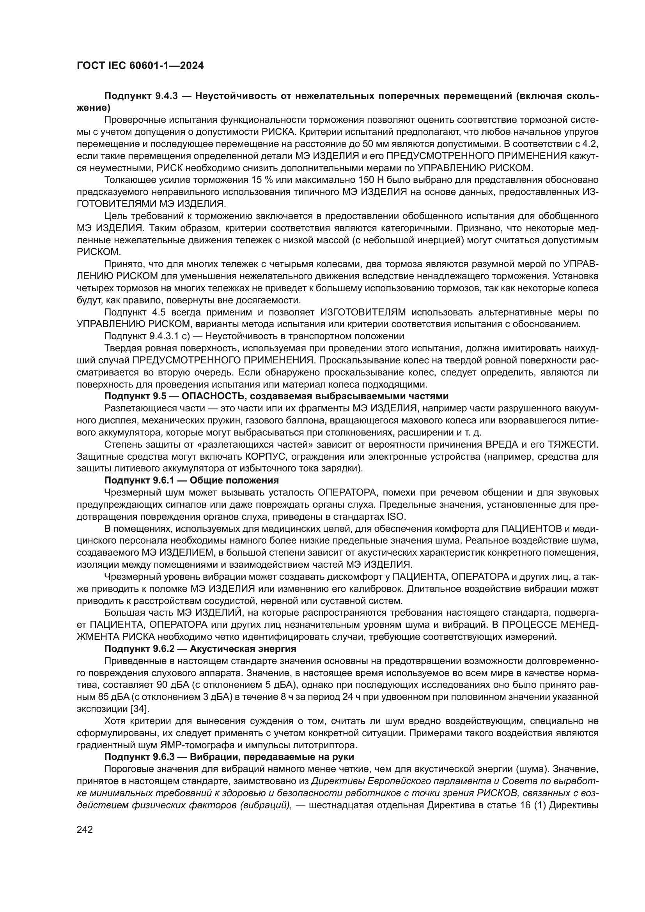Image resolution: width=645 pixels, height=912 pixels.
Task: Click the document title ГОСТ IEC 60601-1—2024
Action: click(140, 66)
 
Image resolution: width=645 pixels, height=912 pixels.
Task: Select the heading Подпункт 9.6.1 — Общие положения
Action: click(191, 480)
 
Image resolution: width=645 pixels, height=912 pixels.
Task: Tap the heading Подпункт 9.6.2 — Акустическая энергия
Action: click(200, 649)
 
